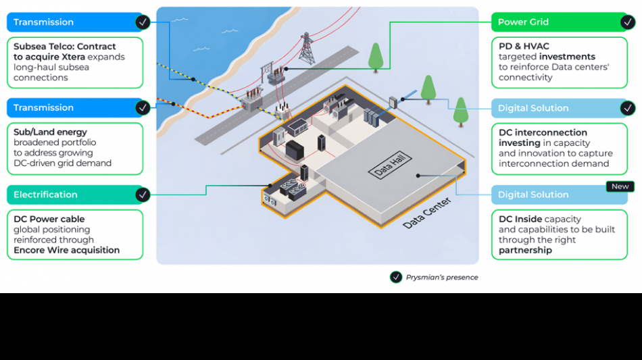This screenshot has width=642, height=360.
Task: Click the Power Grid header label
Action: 523,22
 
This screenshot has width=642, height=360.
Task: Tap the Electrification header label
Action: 45,195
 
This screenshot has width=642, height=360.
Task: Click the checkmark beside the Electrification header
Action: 143,195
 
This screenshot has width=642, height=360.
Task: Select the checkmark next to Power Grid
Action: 628,22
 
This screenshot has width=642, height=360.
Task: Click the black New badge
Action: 620,186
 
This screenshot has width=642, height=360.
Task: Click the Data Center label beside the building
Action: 426,213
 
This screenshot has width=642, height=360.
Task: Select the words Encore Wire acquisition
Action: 67,251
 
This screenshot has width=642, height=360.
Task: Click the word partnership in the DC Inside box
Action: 525,251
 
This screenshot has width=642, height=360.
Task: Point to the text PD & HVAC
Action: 524,46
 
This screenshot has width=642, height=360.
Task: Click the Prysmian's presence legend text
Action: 442,278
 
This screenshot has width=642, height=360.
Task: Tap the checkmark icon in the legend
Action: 396,278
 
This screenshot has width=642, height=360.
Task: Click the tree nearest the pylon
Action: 376,58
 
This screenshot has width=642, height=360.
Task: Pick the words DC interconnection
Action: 543,132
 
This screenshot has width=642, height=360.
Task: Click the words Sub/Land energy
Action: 51,132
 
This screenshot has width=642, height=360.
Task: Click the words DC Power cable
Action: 49,220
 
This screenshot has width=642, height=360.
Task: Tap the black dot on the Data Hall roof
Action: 418,176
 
